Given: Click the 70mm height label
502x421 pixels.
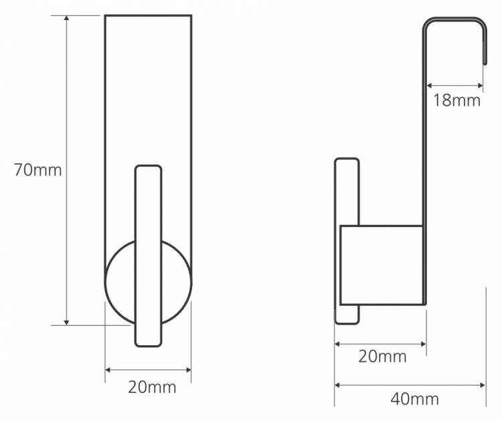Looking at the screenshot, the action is coord(37,170).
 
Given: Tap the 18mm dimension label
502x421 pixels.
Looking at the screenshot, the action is coord(457,100).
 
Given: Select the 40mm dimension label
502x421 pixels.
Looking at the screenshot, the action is coord(414,399).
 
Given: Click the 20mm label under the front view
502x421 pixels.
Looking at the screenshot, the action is coord(152,387).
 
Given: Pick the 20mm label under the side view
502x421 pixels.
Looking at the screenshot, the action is coord(382,356).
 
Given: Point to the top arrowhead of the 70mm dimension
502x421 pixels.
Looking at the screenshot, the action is coord(66,17).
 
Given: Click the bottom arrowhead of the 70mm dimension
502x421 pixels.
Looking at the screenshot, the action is coord(66,323).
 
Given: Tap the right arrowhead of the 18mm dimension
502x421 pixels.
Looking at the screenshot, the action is coord(480,86).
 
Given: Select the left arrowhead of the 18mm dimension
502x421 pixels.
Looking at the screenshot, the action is coord(430,86).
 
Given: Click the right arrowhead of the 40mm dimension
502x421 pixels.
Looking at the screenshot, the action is coord(483,385).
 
